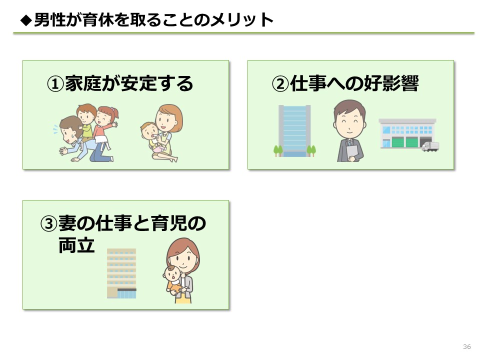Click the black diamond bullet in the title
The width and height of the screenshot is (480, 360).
pyautogui.click(x=26, y=20)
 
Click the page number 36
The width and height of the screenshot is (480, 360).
pyautogui.click(x=467, y=346)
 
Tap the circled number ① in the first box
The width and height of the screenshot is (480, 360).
pyautogui.click(x=55, y=83)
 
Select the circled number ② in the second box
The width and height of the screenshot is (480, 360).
pyautogui.click(x=280, y=83)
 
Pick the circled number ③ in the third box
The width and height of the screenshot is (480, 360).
pyautogui.click(x=48, y=224)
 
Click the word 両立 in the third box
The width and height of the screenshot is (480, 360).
pyautogui.click(x=76, y=245)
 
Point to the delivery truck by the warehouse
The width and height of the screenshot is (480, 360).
pyautogui.click(x=430, y=146)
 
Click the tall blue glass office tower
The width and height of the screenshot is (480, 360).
pyautogui.click(x=294, y=131)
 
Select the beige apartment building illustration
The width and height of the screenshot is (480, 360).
pyautogui.click(x=121, y=273)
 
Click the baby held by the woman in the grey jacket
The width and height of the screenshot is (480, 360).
pyautogui.click(x=173, y=281)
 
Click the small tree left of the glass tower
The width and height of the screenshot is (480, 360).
pyautogui.click(x=278, y=151)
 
